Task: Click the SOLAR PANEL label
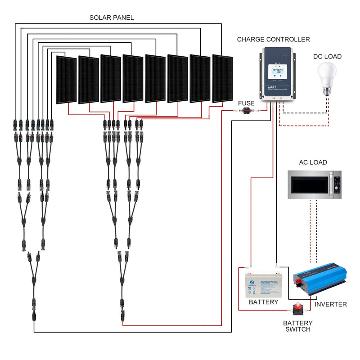point(111,18)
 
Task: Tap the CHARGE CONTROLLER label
point(274,40)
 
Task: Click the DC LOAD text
point(327,57)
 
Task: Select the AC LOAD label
point(313,162)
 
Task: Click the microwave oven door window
point(309,184)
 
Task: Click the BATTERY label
point(263,302)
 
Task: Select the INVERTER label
point(331,304)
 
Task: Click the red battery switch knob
point(297,309)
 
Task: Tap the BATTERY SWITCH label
point(297,326)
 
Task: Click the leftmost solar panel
point(66,80)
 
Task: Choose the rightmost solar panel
point(222,78)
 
